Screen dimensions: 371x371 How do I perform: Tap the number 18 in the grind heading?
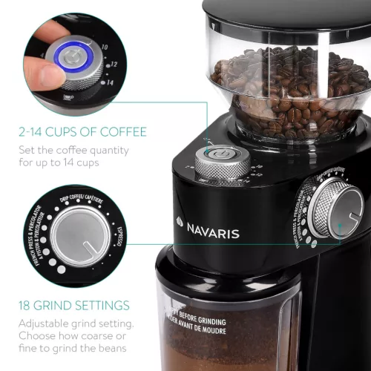tap(30, 305)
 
